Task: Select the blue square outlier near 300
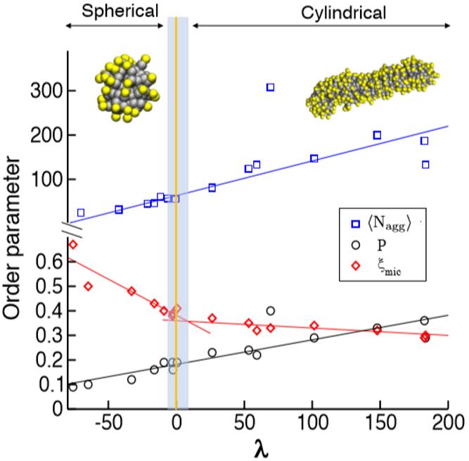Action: [x=271, y=87]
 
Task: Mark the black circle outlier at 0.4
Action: [x=271, y=310]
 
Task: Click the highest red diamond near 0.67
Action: [x=72, y=244]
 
